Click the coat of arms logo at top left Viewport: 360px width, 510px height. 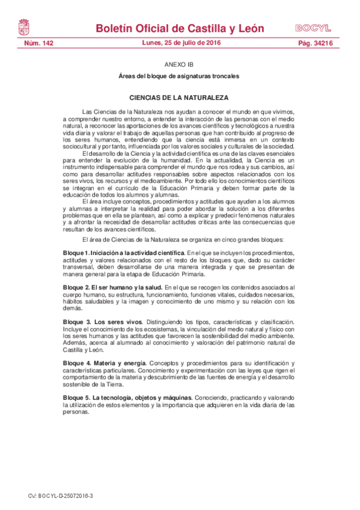[24, 27]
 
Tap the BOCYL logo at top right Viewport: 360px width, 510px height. [313, 28]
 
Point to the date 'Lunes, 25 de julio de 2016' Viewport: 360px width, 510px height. [181, 43]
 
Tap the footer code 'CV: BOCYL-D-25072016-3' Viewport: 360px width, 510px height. [61, 496]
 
